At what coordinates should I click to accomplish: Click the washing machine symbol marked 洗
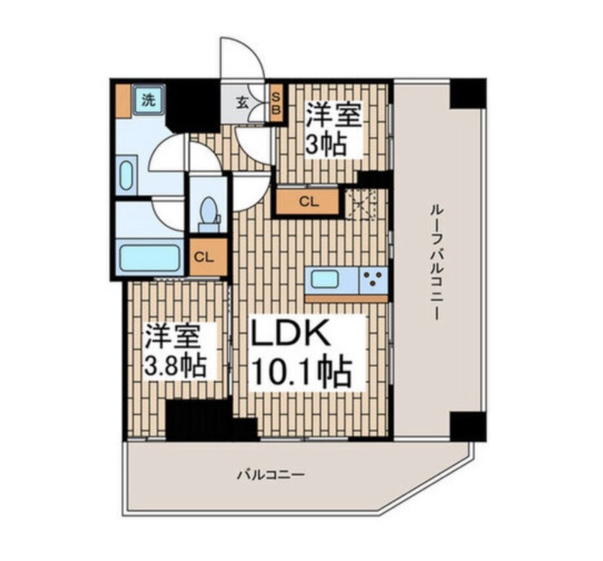pyautogui.click(x=149, y=100)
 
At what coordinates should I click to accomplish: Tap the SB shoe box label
pyautogui.click(x=277, y=103)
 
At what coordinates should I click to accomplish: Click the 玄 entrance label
pyautogui.click(x=242, y=103)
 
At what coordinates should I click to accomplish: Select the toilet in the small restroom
pyautogui.click(x=209, y=214)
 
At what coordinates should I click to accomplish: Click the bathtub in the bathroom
pyautogui.click(x=149, y=258)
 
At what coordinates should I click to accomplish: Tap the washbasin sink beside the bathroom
pyautogui.click(x=126, y=175)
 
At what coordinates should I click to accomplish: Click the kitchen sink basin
pyautogui.click(x=325, y=279)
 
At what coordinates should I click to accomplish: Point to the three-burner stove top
pyautogui.click(x=373, y=279)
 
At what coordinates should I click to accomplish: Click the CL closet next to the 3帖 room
pyautogui.click(x=309, y=202)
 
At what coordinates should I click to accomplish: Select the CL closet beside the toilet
pyautogui.click(x=208, y=257)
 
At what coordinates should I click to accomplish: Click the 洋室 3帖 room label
pyautogui.click(x=334, y=129)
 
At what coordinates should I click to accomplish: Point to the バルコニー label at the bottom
pyautogui.click(x=270, y=475)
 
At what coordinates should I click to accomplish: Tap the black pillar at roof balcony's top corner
pyautogui.click(x=468, y=94)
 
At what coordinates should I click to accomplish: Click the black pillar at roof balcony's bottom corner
pyautogui.click(x=468, y=426)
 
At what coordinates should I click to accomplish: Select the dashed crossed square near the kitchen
pyautogui.click(x=362, y=204)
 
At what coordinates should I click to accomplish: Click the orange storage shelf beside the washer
pyautogui.click(x=123, y=101)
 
